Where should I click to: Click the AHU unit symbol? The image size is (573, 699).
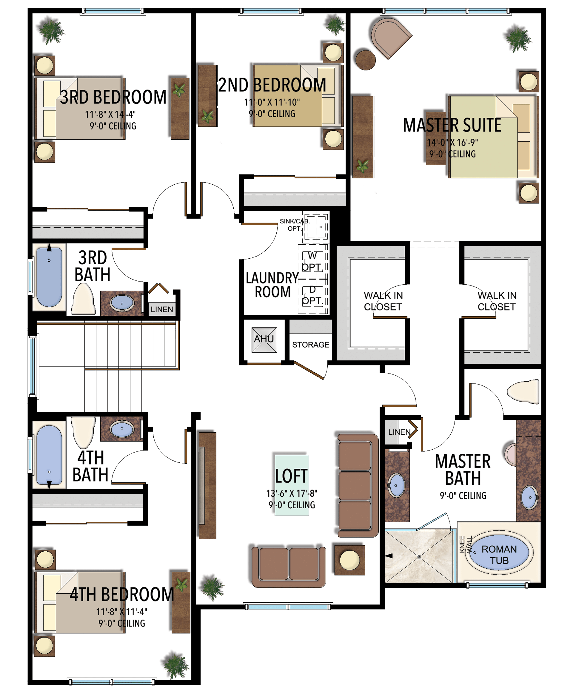[x=264, y=340]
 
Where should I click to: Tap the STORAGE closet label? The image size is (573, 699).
[x=310, y=345]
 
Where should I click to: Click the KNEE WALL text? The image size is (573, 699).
[x=465, y=544]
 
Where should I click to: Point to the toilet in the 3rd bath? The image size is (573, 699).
[x=83, y=299]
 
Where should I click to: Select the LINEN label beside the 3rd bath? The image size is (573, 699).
[x=162, y=309]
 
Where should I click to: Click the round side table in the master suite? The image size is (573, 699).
[x=365, y=60]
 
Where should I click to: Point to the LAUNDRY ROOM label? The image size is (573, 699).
[x=272, y=285]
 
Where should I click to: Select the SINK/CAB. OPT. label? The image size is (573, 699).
[x=295, y=225]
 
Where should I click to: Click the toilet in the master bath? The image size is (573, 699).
[x=523, y=392]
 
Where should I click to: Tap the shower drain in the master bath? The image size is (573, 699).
[x=419, y=557]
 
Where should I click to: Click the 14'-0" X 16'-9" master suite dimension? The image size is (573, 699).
[x=452, y=143]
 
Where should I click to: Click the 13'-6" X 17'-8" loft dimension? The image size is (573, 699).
[x=292, y=493]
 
